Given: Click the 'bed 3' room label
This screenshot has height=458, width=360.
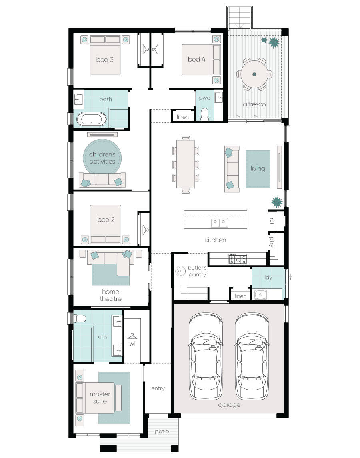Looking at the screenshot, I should coord(105,60).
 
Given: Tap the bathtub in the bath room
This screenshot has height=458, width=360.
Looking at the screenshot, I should coord(92,120).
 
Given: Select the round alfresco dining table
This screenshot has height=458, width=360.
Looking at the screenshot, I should coord(254,74).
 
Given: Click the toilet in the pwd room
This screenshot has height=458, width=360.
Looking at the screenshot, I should coord(204,114).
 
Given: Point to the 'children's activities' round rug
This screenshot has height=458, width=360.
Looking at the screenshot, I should coord(102,158).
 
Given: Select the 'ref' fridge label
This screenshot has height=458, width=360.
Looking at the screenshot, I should coord(272,220).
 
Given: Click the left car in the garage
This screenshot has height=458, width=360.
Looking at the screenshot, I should coord(206,356).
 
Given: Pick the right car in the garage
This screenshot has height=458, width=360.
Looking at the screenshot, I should coord(252,356).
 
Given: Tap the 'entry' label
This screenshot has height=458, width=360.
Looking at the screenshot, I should coord(158,388).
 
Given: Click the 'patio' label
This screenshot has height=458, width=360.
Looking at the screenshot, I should coord(162,432).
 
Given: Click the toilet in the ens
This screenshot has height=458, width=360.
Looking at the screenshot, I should coord(80,319).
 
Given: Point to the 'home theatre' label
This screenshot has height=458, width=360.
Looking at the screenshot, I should coord(110,295).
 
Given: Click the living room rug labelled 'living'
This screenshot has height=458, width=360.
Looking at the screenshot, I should coord(258,169).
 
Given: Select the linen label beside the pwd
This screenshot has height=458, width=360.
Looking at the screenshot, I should coord(182,117).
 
